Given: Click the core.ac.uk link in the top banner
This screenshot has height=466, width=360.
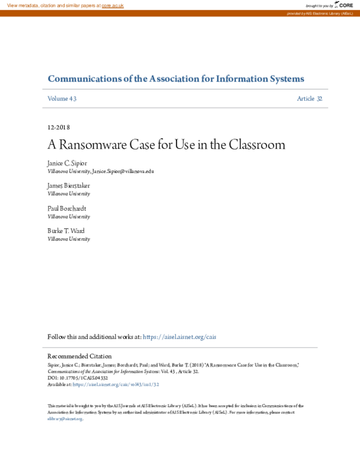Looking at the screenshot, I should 112,5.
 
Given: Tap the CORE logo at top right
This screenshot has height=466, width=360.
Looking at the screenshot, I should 344,5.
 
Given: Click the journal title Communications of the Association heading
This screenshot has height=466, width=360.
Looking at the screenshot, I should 176,79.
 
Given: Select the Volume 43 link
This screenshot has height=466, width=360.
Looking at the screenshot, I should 62,98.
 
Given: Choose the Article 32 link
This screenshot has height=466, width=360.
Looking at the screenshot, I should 310,98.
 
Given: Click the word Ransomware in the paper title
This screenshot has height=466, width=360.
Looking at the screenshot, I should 97,145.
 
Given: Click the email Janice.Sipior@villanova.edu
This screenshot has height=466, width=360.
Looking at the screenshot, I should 123,171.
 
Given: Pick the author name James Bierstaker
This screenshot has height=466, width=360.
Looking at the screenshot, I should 68,186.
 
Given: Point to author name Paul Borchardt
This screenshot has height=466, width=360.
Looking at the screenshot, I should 67,208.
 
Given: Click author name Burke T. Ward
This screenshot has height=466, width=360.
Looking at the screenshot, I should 66,231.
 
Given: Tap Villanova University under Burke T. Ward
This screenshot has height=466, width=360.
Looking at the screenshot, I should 68,239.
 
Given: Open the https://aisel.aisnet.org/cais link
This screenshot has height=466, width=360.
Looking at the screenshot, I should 188,337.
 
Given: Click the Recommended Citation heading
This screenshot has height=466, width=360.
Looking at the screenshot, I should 79,356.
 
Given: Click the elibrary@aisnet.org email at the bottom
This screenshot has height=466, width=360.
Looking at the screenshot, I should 65,419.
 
